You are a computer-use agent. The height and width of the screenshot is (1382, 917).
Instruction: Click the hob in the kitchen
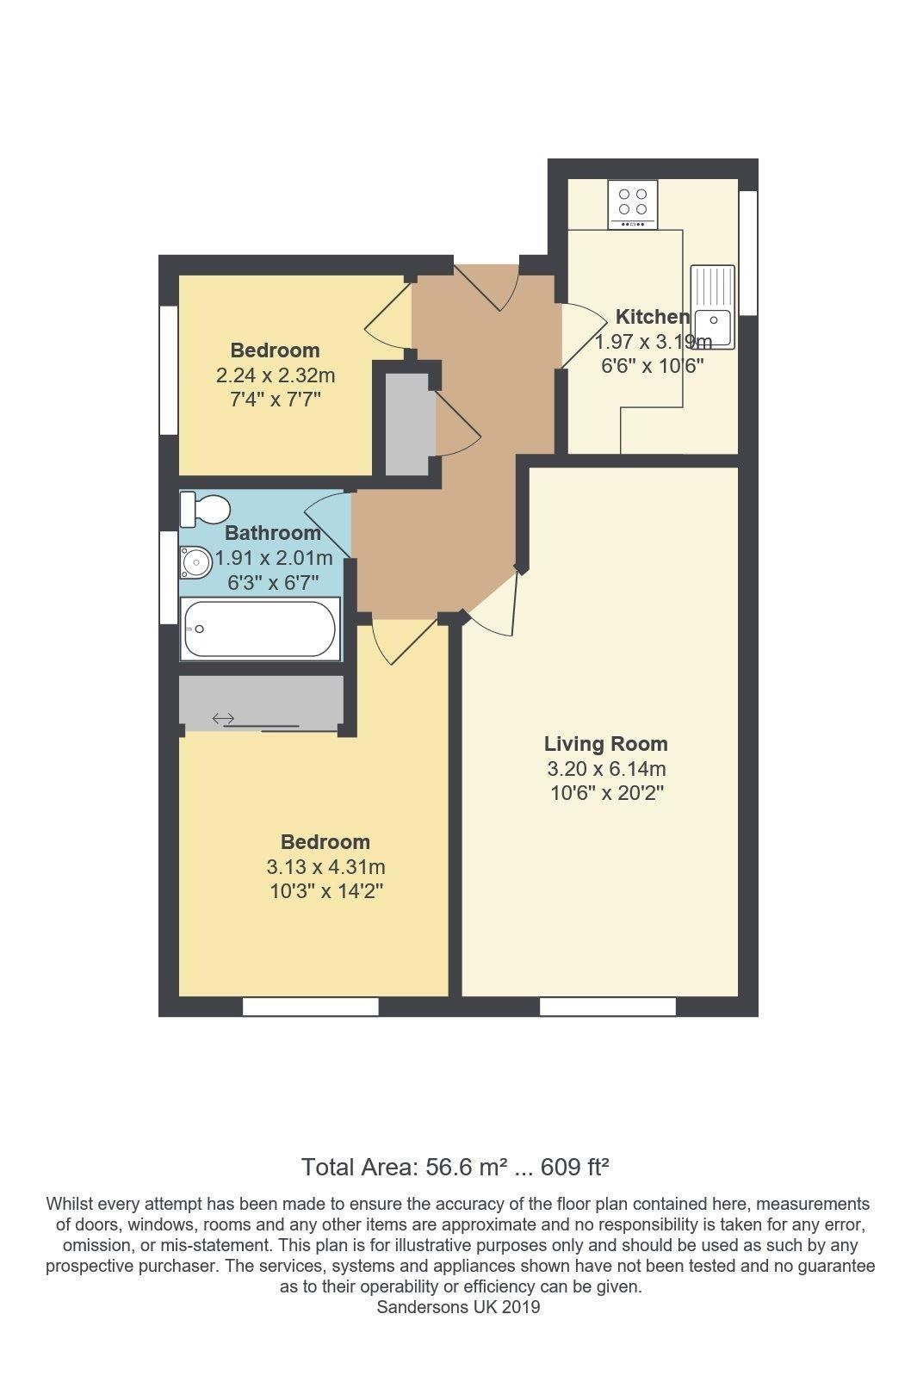pos(633,204)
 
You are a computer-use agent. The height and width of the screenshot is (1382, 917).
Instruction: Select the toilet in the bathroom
pos(201,508)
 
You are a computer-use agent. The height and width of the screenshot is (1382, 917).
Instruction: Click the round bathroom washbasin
pos(195,564)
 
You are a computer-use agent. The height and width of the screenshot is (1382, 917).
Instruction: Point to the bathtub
pos(260,629)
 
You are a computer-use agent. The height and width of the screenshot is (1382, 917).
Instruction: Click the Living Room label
pos(605,743)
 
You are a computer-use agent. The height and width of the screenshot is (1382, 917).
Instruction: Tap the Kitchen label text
pos(652,316)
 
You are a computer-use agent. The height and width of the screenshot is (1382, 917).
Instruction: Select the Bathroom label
pos(272,533)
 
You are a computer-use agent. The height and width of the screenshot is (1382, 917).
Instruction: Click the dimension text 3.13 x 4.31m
pos(325,866)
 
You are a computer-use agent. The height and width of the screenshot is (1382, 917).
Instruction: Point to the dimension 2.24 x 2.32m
pos(275,375)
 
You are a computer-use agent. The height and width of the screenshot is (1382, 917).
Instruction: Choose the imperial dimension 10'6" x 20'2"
pos(606,792)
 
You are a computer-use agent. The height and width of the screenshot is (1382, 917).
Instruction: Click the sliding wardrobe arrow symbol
pos(224,718)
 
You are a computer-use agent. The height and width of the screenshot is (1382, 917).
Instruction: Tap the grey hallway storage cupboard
pos(406,422)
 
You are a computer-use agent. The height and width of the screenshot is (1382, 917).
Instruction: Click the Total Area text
pos(455,1168)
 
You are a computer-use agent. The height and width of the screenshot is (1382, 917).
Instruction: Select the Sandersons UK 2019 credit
pos(458,1307)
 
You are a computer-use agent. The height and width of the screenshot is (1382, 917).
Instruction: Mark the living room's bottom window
pos(607,1006)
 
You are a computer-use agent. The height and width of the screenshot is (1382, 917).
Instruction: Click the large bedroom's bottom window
pos(310,1006)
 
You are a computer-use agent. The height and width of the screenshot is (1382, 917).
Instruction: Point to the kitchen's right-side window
pos(748,253)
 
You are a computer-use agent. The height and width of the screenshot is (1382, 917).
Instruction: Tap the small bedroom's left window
pos(169,370)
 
